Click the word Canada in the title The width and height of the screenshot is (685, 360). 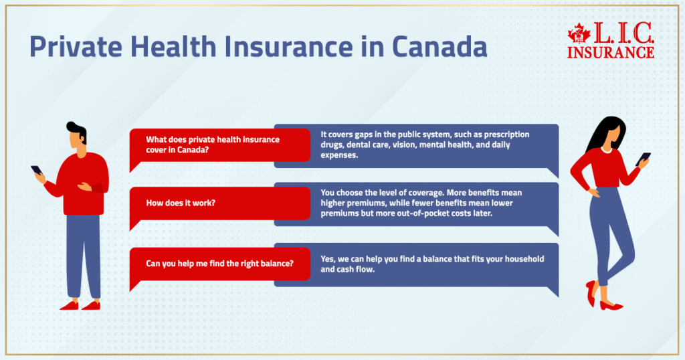point(439,46)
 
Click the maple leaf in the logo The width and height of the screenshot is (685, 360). point(579,33)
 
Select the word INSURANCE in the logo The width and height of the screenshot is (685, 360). point(610,52)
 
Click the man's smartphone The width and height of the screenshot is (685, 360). point(37,170)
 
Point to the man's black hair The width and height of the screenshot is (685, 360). point(78,131)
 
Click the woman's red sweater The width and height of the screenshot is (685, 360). point(605,169)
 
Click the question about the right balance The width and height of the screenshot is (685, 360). point(219,264)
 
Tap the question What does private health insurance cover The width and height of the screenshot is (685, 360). point(213,145)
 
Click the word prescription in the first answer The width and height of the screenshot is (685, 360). point(507,134)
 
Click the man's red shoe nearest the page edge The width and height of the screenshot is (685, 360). point(69,305)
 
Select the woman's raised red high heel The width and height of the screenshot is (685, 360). point(591,292)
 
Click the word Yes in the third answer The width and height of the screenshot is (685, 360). point(328,259)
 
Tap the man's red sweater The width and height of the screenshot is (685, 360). point(81,183)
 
